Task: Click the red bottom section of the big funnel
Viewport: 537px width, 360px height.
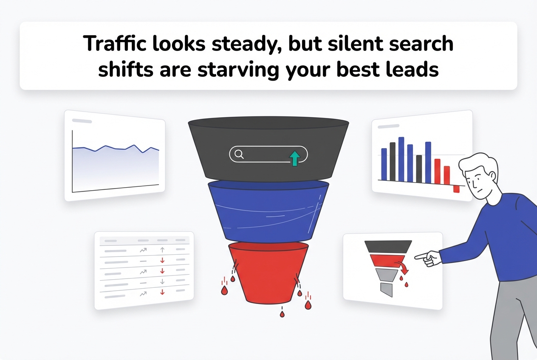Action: [268, 272]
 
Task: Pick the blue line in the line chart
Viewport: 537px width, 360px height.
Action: [115, 148]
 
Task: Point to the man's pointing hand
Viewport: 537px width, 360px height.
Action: [427, 257]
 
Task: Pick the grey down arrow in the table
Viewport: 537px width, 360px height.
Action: [162, 281]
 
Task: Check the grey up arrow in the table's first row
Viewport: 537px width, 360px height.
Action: [162, 250]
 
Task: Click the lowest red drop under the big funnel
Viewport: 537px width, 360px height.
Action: [281, 314]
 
